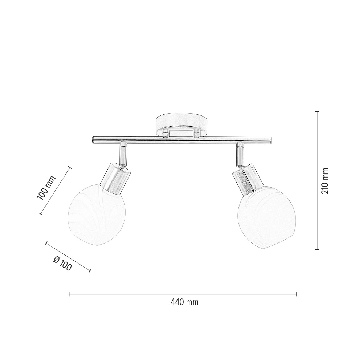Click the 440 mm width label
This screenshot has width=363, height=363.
point(184,302)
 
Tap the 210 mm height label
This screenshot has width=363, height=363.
point(325,181)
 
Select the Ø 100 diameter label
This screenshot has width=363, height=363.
point(62,264)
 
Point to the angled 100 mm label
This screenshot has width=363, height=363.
point(46,188)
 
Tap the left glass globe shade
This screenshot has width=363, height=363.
point(97,217)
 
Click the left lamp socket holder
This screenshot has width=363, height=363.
point(115,178)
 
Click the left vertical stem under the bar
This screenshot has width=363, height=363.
point(123,154)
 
